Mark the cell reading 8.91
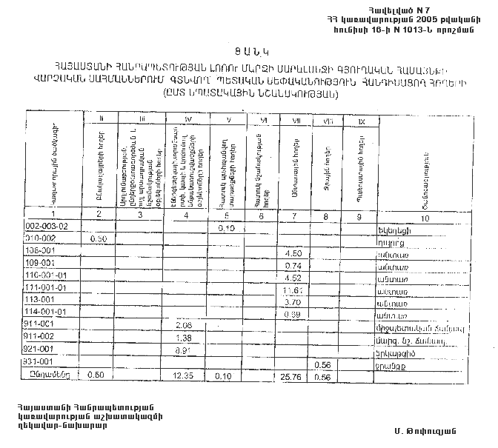click(185, 350)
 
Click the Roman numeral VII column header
click(294, 118)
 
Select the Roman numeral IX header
click(360, 119)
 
